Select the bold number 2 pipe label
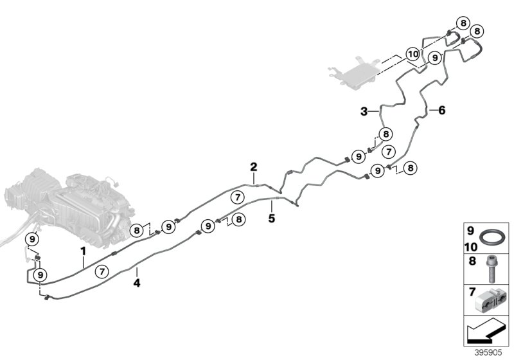254,167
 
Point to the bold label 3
364,111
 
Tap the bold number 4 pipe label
136,280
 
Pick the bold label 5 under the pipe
271,217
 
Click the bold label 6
441,110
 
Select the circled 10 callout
413,54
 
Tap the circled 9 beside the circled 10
435,58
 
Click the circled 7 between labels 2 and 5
237,197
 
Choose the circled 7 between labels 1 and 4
102,272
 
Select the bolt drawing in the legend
491,269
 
